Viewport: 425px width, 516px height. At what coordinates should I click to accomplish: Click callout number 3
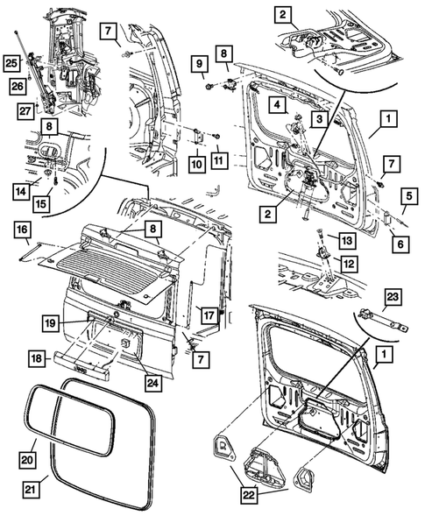321,118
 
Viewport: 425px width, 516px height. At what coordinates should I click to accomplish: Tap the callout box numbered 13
346,240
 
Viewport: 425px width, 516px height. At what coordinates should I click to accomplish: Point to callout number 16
20,229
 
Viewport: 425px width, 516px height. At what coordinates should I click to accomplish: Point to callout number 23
392,297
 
